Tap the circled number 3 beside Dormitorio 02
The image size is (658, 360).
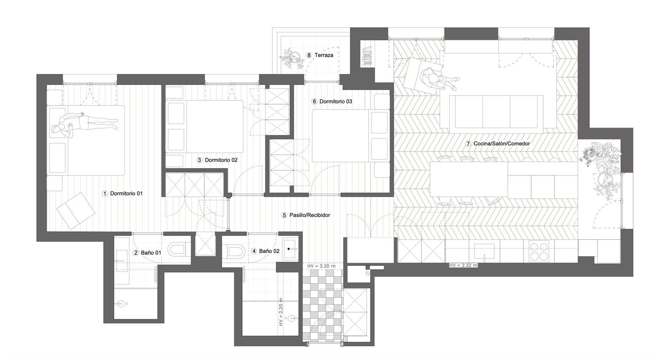tap(199, 160)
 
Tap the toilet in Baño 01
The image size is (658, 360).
tap(176, 249)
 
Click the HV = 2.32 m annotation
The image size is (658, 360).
tap(463, 265)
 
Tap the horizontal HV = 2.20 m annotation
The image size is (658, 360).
tap(321, 266)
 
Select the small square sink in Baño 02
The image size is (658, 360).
tap(290, 249)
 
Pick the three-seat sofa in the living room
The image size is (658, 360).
tap(496, 111)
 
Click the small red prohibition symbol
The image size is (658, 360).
tap(367, 273)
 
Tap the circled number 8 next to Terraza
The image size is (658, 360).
tap(309, 55)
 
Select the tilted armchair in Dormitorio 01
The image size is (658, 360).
tap(75, 210)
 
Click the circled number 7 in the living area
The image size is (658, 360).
tap(468, 143)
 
